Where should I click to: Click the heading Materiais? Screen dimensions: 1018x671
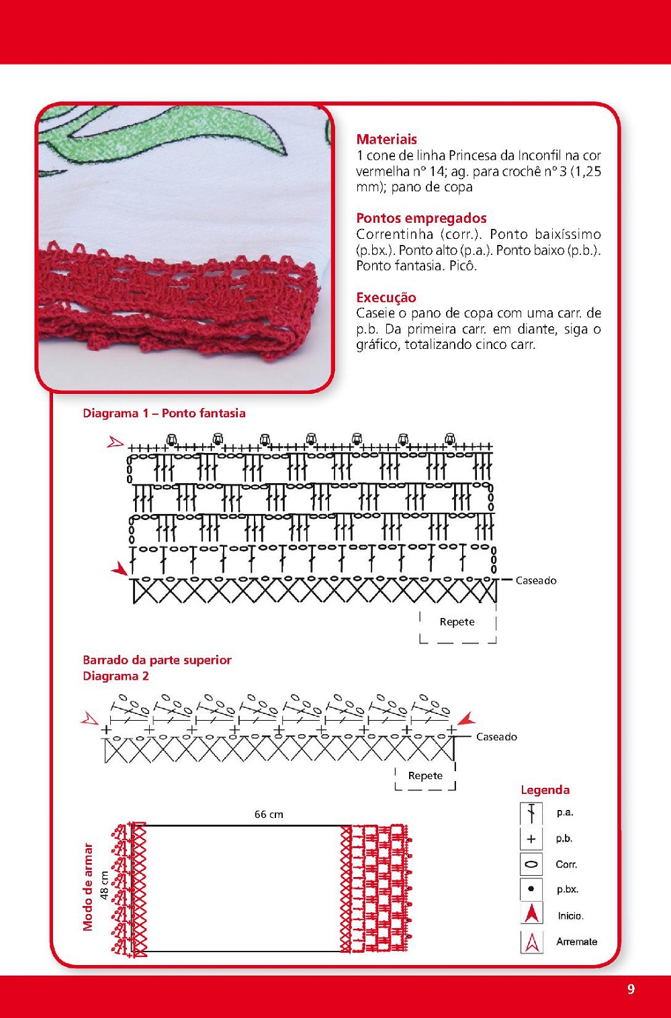tap(386, 140)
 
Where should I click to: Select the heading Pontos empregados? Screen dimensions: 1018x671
tap(421, 218)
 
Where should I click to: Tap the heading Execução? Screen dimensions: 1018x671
tap(386, 297)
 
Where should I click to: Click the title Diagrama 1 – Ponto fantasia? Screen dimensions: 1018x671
tap(164, 413)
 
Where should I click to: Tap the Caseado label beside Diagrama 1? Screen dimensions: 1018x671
tap(536, 581)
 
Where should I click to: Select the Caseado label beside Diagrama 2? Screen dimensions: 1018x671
tap(496, 737)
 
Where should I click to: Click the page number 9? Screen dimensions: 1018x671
tap(631, 989)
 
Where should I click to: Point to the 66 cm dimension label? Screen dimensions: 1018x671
tap(269, 815)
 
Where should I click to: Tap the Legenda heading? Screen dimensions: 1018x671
tap(545, 790)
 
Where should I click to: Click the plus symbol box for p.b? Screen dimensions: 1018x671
tap(531, 839)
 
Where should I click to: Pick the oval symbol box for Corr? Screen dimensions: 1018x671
tap(531, 864)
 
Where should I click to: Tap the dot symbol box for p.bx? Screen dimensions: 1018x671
tap(531, 889)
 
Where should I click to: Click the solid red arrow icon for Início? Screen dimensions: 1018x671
tap(531, 915)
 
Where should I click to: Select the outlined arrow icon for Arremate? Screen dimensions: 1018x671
tap(531, 941)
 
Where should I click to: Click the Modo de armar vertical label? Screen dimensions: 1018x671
tap(88, 886)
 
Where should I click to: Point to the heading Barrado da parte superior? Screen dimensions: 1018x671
tap(156, 660)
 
